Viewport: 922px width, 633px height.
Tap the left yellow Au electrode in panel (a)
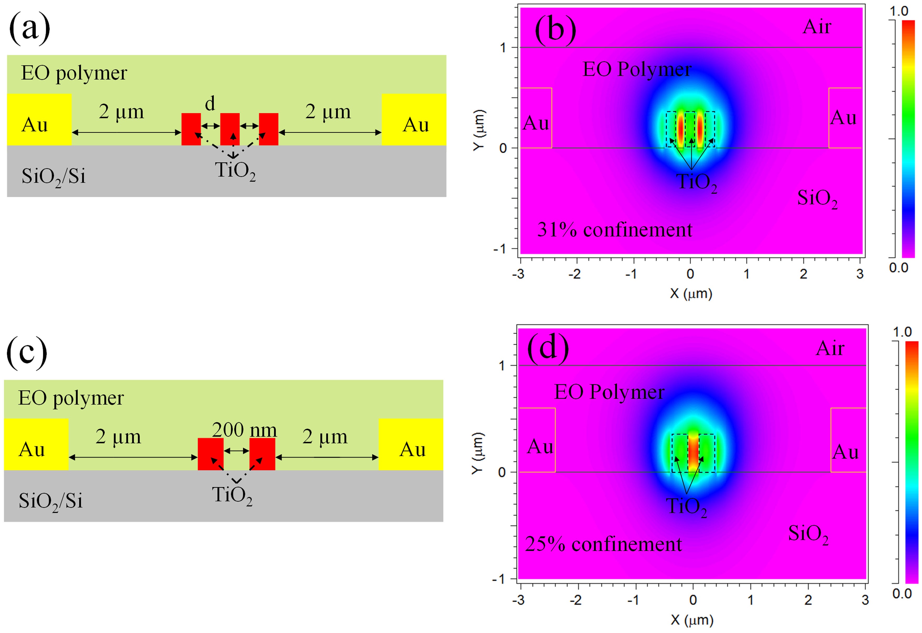click(x=39, y=119)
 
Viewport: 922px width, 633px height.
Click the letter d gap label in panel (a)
click(x=210, y=104)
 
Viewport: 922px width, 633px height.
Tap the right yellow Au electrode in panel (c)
click(x=411, y=444)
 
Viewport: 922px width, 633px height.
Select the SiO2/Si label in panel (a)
click(x=53, y=176)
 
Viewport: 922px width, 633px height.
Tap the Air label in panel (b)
click(x=817, y=27)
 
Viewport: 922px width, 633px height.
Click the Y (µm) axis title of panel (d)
click(x=478, y=453)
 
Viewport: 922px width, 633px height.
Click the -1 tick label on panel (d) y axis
click(x=498, y=579)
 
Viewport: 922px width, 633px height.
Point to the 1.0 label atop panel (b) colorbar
click(x=899, y=11)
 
